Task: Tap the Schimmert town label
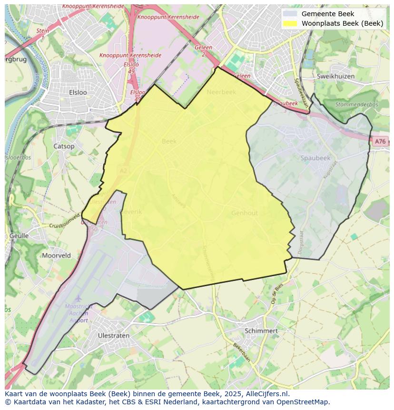[x=261, y=330]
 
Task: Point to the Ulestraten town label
[x=113, y=335]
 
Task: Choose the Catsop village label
[x=64, y=146]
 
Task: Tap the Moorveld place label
[x=56, y=255]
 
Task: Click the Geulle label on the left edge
[x=19, y=236]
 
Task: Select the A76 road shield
[x=379, y=141]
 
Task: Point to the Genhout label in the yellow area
[x=245, y=213]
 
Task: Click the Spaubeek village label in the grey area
[x=315, y=158]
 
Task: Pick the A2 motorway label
[x=124, y=170]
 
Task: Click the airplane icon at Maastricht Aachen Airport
[x=78, y=299]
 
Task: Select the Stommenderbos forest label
[x=356, y=104]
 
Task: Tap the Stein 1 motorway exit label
[x=42, y=34]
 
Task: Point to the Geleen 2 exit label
[x=203, y=51]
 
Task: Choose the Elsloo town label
[x=78, y=92]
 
